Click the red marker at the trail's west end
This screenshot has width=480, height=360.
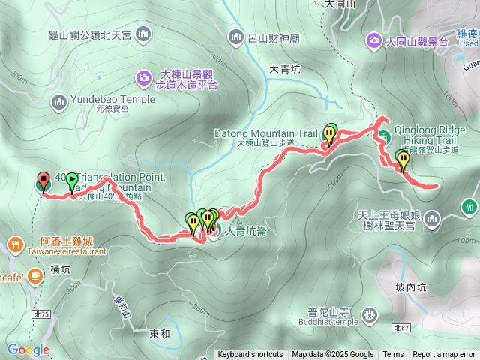[x=43, y=180]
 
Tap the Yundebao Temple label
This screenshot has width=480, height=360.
[x=113, y=98]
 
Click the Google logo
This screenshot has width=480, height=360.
[x=28, y=349]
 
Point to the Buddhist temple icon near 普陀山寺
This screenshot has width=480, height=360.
[x=370, y=313]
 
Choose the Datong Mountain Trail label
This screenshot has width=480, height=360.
[x=266, y=133]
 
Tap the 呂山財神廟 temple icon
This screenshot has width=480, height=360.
[x=237, y=36]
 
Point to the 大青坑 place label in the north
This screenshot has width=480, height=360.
[x=284, y=68]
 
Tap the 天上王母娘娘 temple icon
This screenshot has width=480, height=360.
[x=431, y=219]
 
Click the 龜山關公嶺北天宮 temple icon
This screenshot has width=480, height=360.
[x=143, y=34]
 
